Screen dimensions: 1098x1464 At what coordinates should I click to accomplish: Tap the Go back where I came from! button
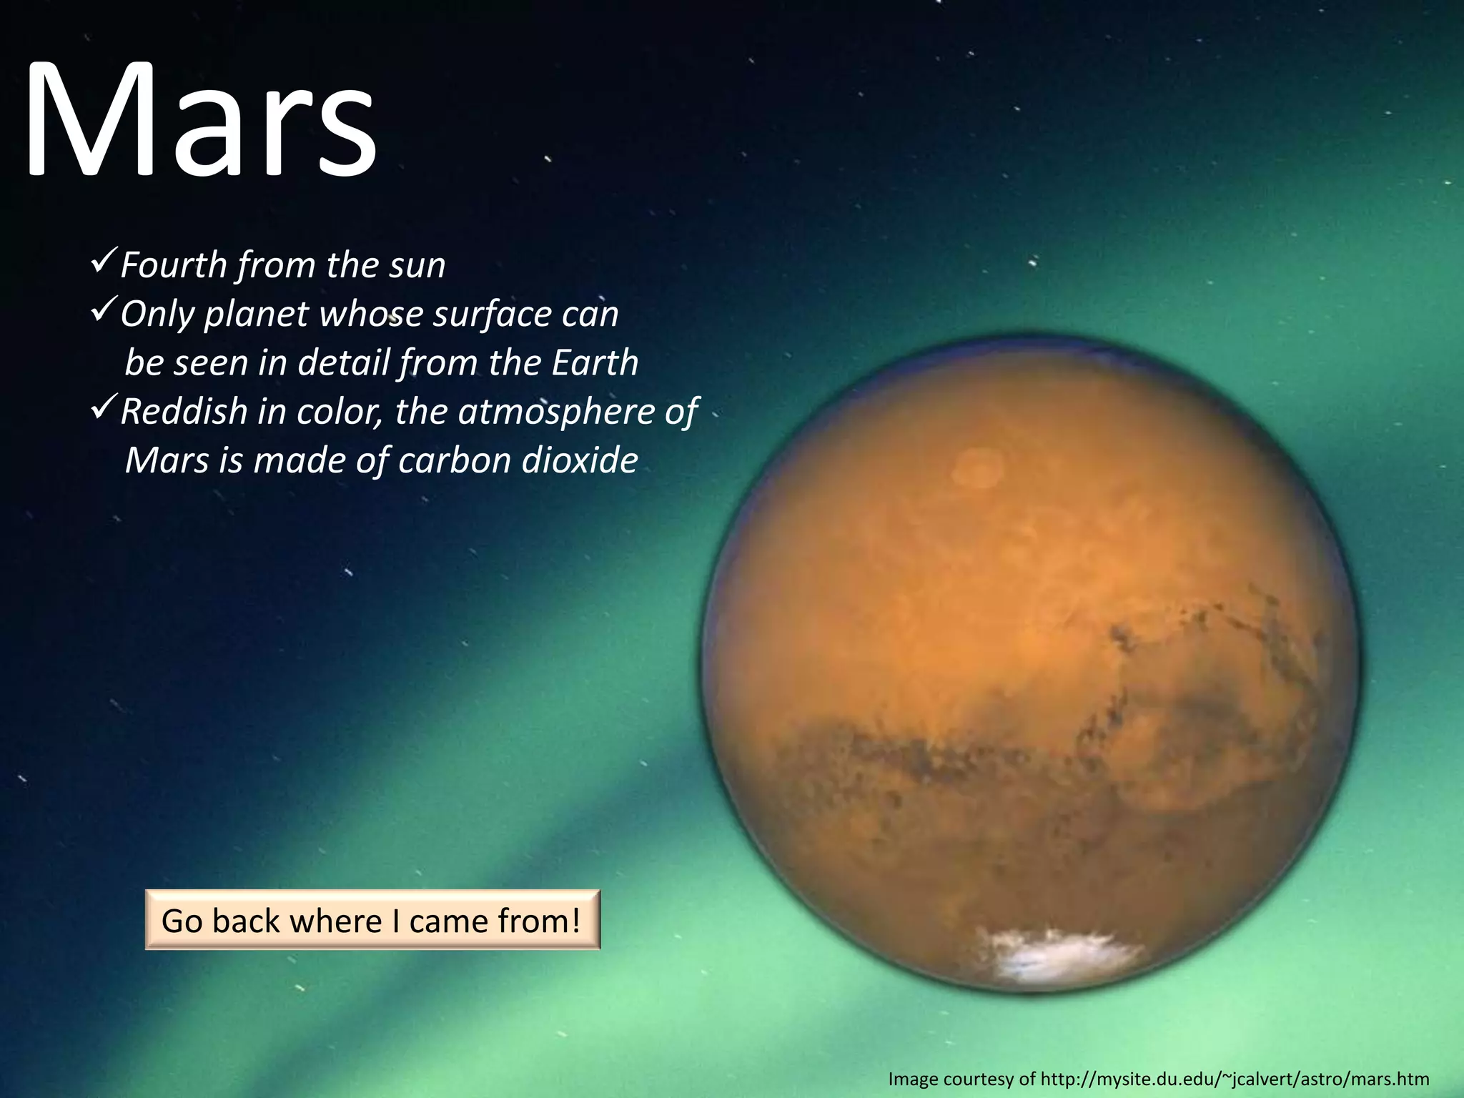click(372, 920)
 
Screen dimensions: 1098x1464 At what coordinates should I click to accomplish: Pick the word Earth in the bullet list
click(595, 362)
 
